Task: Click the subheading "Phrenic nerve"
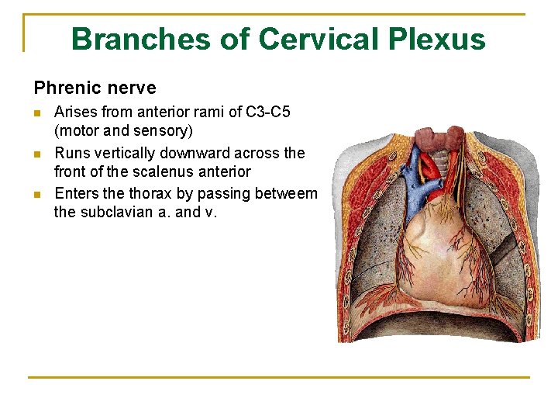(x=95, y=88)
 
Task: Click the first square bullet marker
(x=38, y=113)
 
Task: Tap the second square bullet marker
(x=38, y=154)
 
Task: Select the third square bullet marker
(x=38, y=194)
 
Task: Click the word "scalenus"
(x=160, y=171)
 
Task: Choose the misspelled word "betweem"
(x=288, y=193)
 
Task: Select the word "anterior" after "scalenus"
(x=222, y=171)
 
